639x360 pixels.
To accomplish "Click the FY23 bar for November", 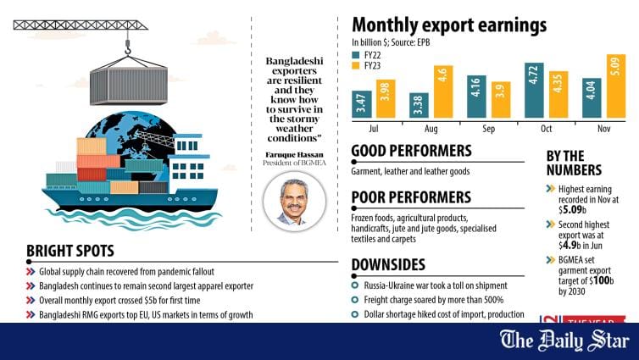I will tap(615, 86).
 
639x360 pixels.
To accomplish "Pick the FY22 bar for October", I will tap(534, 90).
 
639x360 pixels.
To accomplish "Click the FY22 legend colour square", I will tap(356, 53).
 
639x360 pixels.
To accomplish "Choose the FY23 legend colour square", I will tap(356, 64).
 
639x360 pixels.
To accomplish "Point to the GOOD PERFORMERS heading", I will tap(411, 151).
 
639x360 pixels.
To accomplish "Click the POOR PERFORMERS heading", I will tap(411, 197).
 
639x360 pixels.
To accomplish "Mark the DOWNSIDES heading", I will tap(389, 263).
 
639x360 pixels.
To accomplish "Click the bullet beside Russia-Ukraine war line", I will tap(356, 285).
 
